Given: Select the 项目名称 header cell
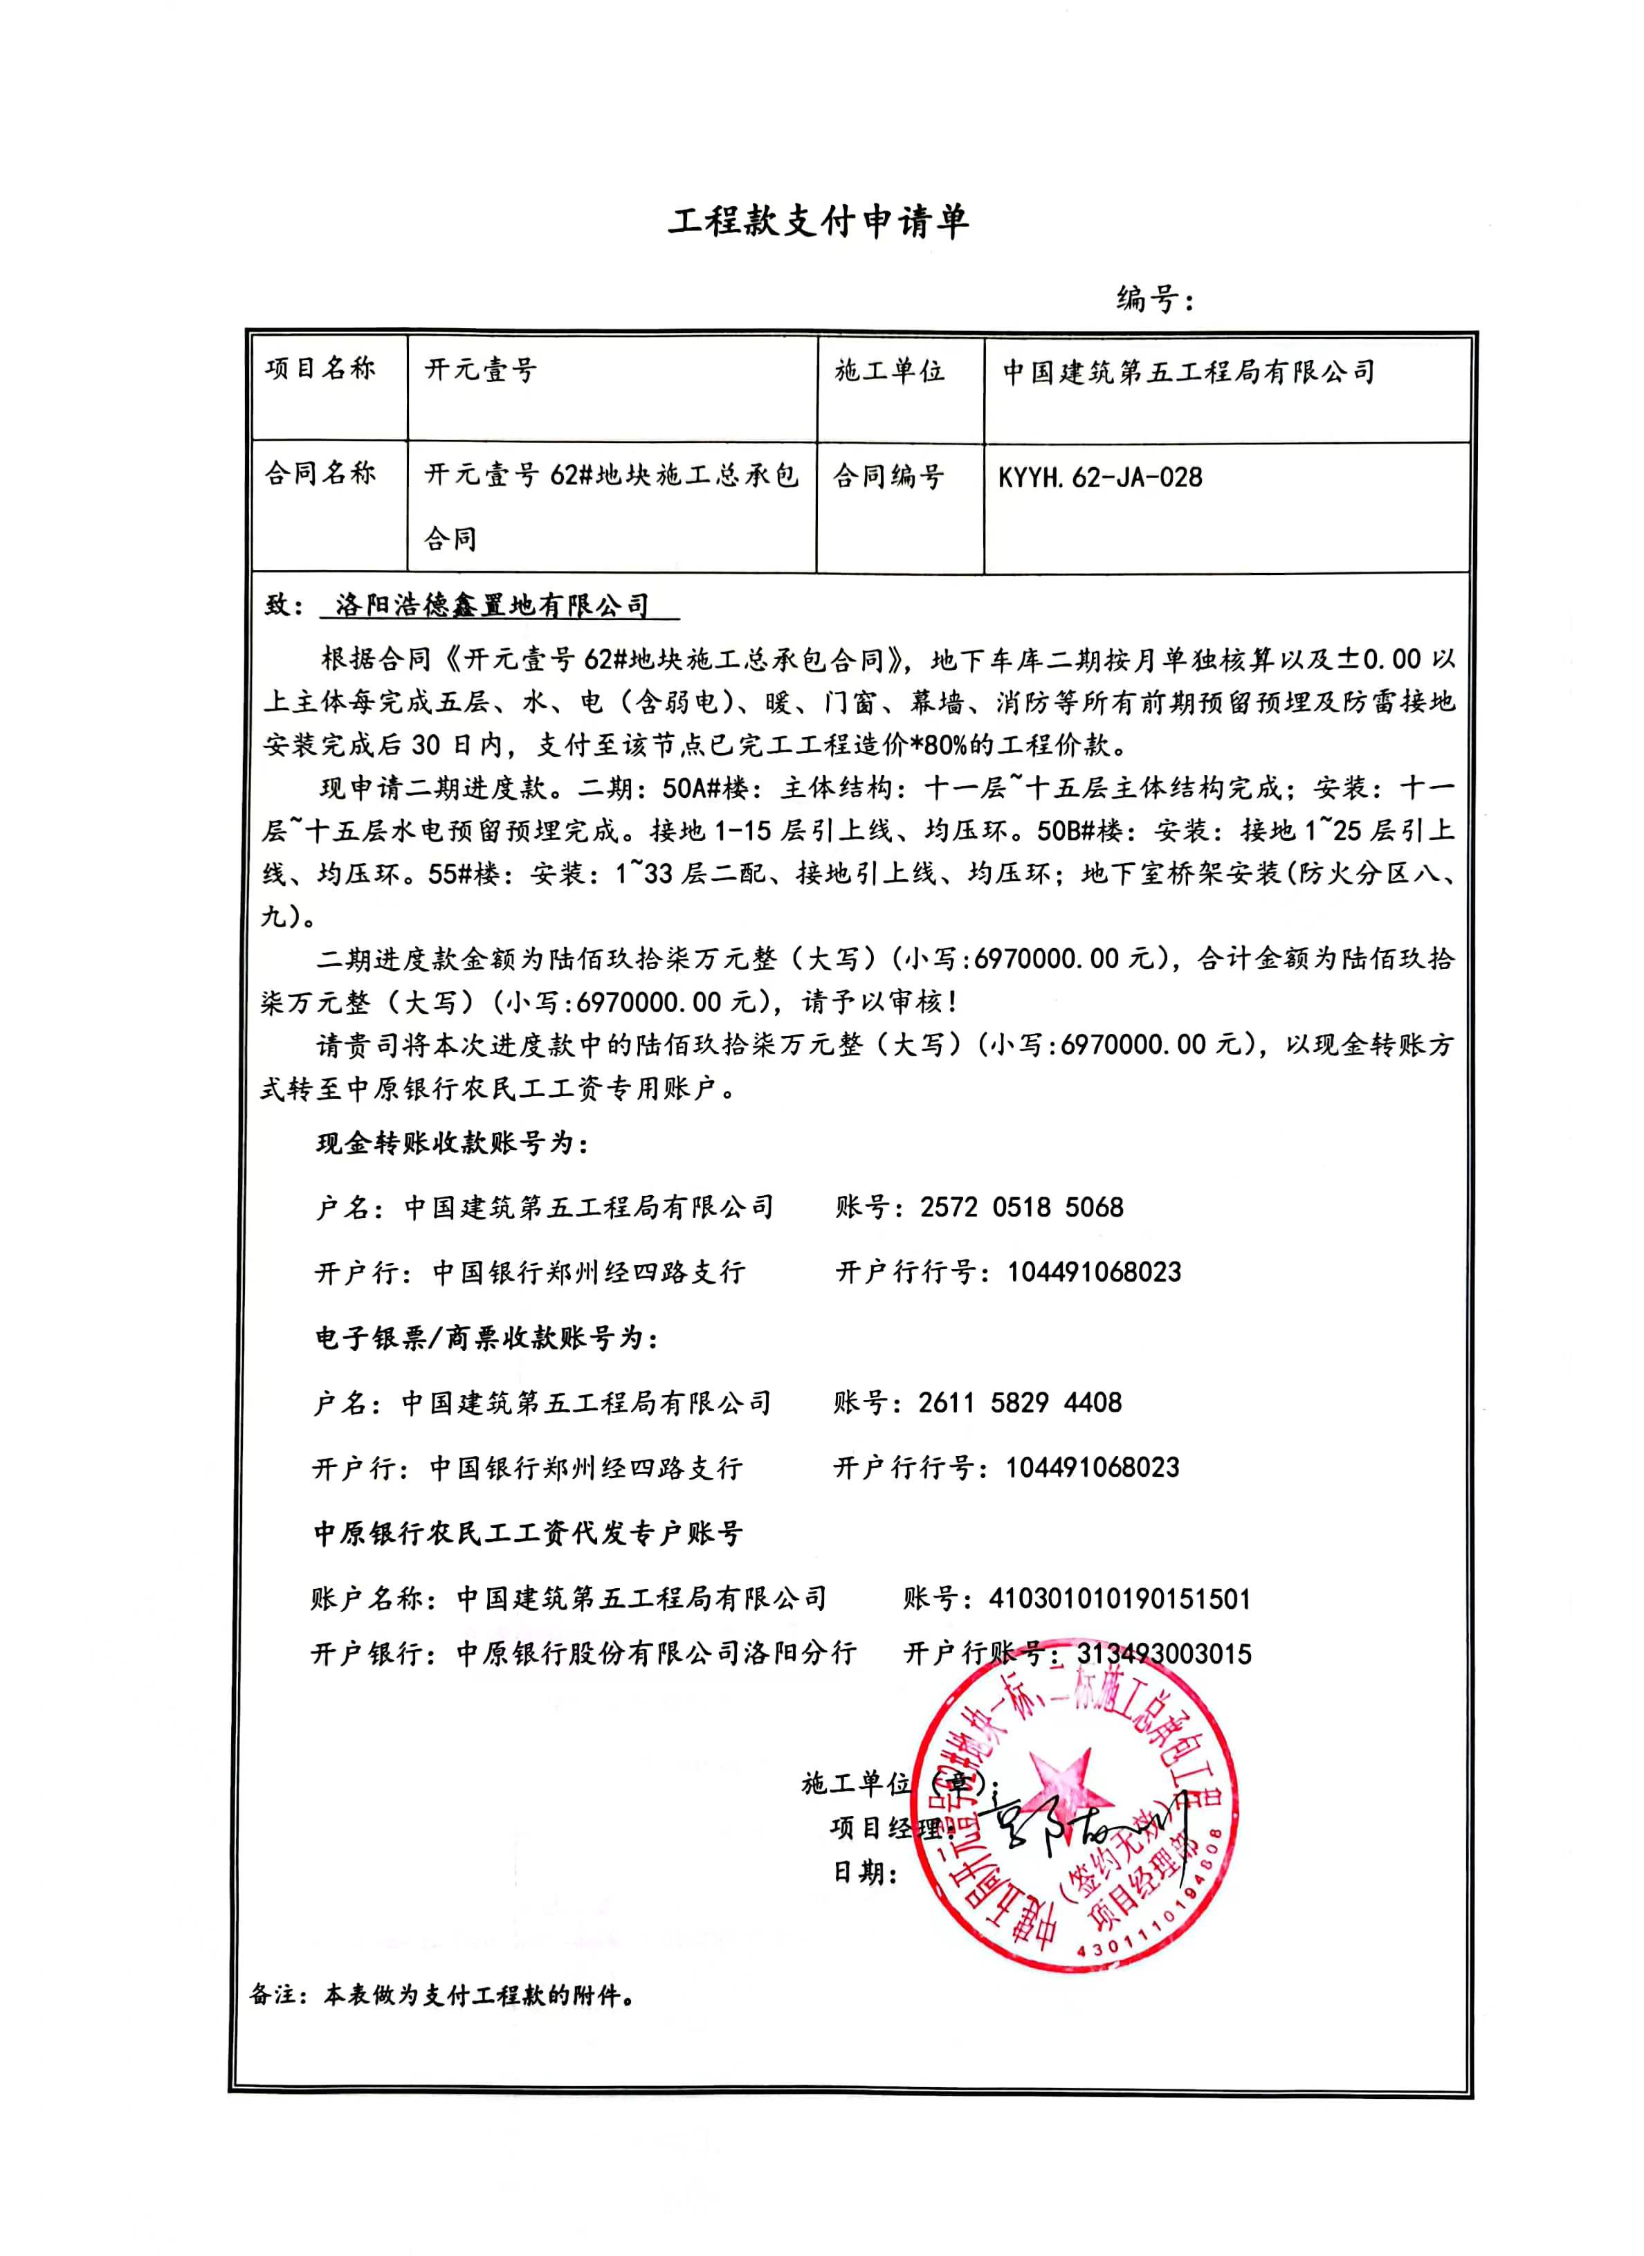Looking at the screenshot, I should [x=320, y=370].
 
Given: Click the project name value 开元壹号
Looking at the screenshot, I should [x=481, y=371].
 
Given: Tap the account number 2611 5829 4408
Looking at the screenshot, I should [x=1020, y=1403].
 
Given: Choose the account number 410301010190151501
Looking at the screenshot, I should [x=1120, y=1599].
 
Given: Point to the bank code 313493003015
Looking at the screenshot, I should [x=1164, y=1654].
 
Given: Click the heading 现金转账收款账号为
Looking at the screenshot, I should [x=453, y=1143].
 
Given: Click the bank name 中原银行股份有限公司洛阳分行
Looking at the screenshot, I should [x=656, y=1654].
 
